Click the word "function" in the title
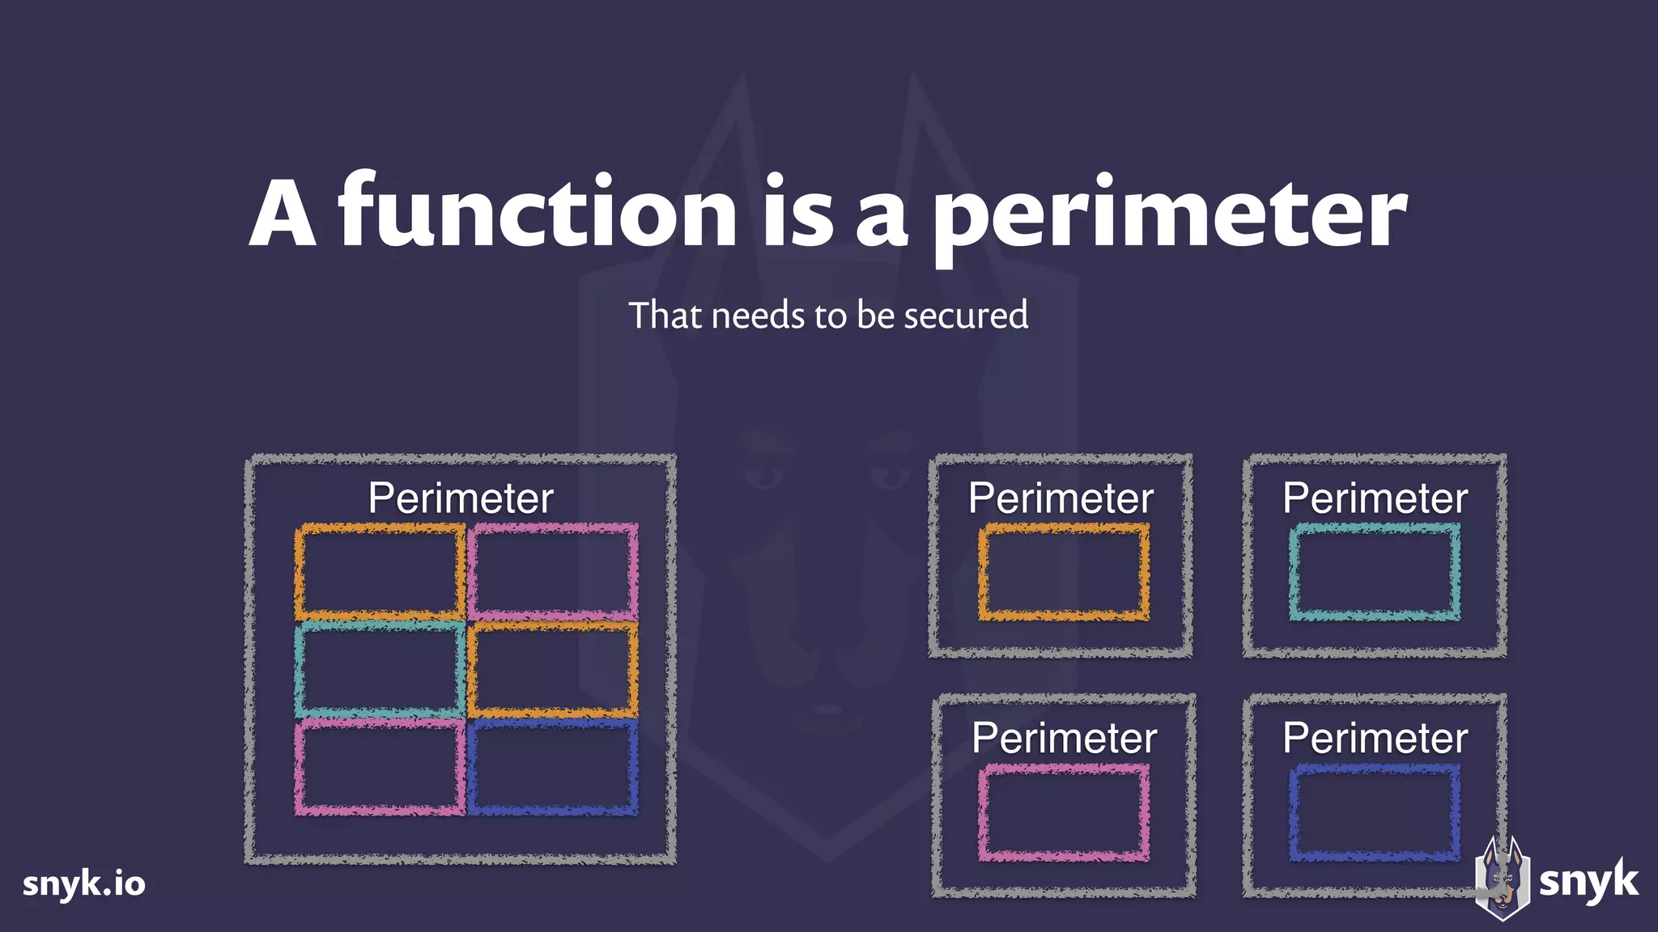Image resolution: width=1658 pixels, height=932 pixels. click(x=537, y=212)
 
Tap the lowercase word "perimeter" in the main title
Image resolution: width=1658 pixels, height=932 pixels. click(x=1169, y=217)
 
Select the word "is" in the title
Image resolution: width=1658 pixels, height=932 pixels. click(x=797, y=212)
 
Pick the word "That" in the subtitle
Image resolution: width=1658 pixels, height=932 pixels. click(x=665, y=316)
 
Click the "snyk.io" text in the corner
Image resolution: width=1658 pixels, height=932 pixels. click(x=84, y=883)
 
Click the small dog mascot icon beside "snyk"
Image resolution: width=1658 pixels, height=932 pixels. click(x=1502, y=879)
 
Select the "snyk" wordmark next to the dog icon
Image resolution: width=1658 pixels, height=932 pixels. click(x=1588, y=881)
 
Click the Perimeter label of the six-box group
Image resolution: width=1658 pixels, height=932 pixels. click(x=461, y=498)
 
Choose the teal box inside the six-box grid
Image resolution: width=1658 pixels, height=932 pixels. click(x=380, y=670)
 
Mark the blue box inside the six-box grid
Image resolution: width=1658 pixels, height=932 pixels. click(x=553, y=767)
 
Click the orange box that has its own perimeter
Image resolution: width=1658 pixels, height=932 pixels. click(x=1063, y=573)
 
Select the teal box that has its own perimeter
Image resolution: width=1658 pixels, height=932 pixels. click(x=1375, y=573)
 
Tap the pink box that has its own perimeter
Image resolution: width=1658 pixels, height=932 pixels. click(x=1063, y=812)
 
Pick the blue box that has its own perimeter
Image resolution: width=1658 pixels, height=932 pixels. click(x=1375, y=812)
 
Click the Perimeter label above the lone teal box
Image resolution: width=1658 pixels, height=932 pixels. click(x=1375, y=498)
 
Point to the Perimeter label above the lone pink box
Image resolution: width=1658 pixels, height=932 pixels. click(x=1064, y=738)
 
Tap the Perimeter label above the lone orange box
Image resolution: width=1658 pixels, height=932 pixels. click(x=1061, y=498)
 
